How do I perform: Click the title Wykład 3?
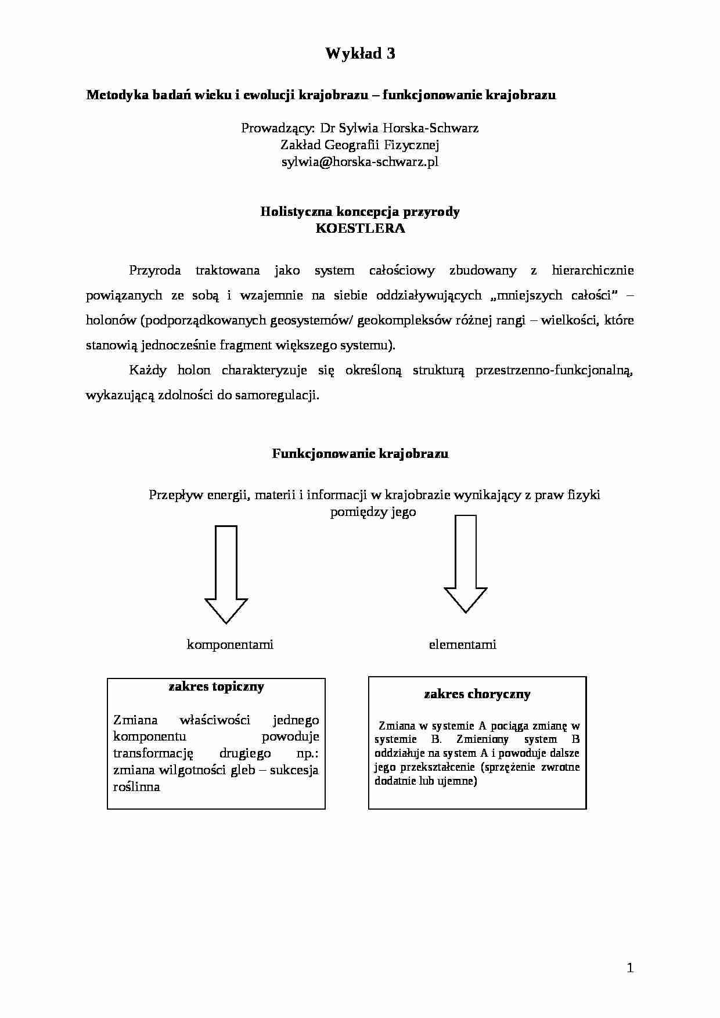(x=360, y=54)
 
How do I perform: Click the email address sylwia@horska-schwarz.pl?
(x=360, y=162)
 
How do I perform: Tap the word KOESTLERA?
(x=360, y=228)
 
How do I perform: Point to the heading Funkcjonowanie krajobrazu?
(x=360, y=454)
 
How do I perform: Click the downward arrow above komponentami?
(x=226, y=575)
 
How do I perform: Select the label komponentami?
(x=230, y=644)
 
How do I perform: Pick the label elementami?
(x=462, y=644)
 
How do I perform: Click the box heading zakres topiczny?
(x=216, y=687)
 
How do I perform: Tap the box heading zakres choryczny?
(x=477, y=694)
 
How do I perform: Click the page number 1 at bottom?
(x=630, y=968)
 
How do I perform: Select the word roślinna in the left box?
(x=136, y=788)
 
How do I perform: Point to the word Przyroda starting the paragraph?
(x=154, y=270)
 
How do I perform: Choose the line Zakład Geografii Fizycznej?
(x=360, y=145)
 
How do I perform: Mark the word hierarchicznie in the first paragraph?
(x=592, y=270)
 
